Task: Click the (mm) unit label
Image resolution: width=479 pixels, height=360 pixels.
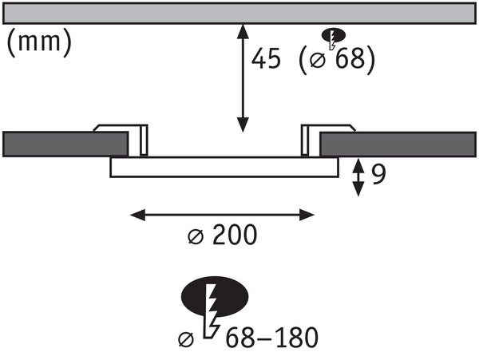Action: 39,42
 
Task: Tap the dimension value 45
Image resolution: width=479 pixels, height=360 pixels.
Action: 266,58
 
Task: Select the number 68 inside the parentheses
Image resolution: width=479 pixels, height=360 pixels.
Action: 350,57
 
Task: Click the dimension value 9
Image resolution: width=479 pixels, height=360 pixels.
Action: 379,175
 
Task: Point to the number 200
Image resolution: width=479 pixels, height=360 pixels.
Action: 235,235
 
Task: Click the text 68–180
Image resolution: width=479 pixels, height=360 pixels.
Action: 271,337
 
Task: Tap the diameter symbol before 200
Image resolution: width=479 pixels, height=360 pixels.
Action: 196,235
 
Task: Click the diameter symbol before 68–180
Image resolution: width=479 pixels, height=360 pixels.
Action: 186,339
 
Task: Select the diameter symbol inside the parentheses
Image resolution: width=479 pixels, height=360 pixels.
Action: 318,59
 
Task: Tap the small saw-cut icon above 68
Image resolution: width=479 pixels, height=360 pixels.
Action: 333,38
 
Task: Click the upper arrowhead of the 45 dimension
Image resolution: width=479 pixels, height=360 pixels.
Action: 243,31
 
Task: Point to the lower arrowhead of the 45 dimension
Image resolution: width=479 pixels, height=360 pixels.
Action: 243,125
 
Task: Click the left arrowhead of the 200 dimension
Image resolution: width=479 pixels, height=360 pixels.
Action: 137,215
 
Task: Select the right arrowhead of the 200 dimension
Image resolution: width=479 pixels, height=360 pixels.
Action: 307,215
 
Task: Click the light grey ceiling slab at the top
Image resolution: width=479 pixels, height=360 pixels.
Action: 239,13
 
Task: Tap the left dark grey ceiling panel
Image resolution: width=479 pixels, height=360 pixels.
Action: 65,144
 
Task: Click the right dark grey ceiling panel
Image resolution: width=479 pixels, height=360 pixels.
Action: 398,144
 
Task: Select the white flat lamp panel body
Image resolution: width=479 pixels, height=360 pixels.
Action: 224,167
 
